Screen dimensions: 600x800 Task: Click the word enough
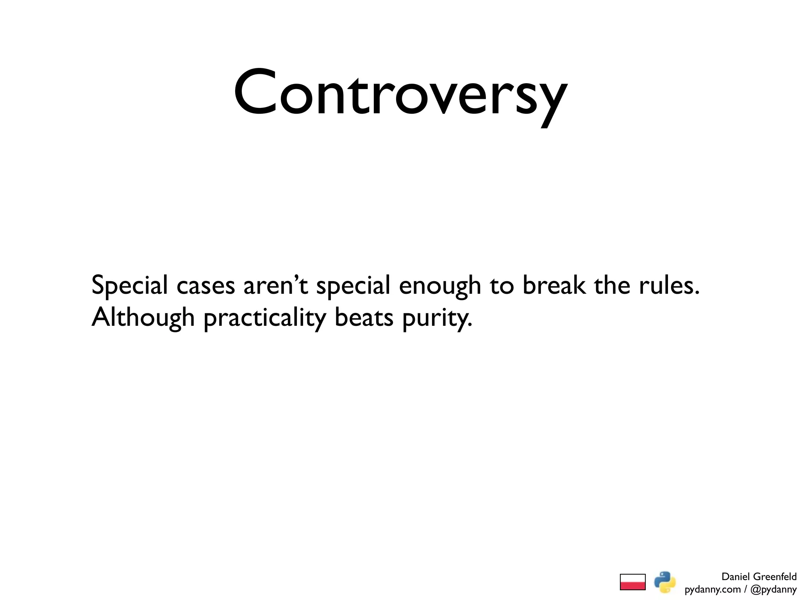click(x=440, y=286)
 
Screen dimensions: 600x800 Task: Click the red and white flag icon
click(x=632, y=582)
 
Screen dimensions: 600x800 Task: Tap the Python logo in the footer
click(x=665, y=582)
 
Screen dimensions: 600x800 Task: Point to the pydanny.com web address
click(x=712, y=589)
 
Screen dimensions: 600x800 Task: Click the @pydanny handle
click(x=773, y=589)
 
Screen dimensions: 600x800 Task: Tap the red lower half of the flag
click(x=632, y=586)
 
